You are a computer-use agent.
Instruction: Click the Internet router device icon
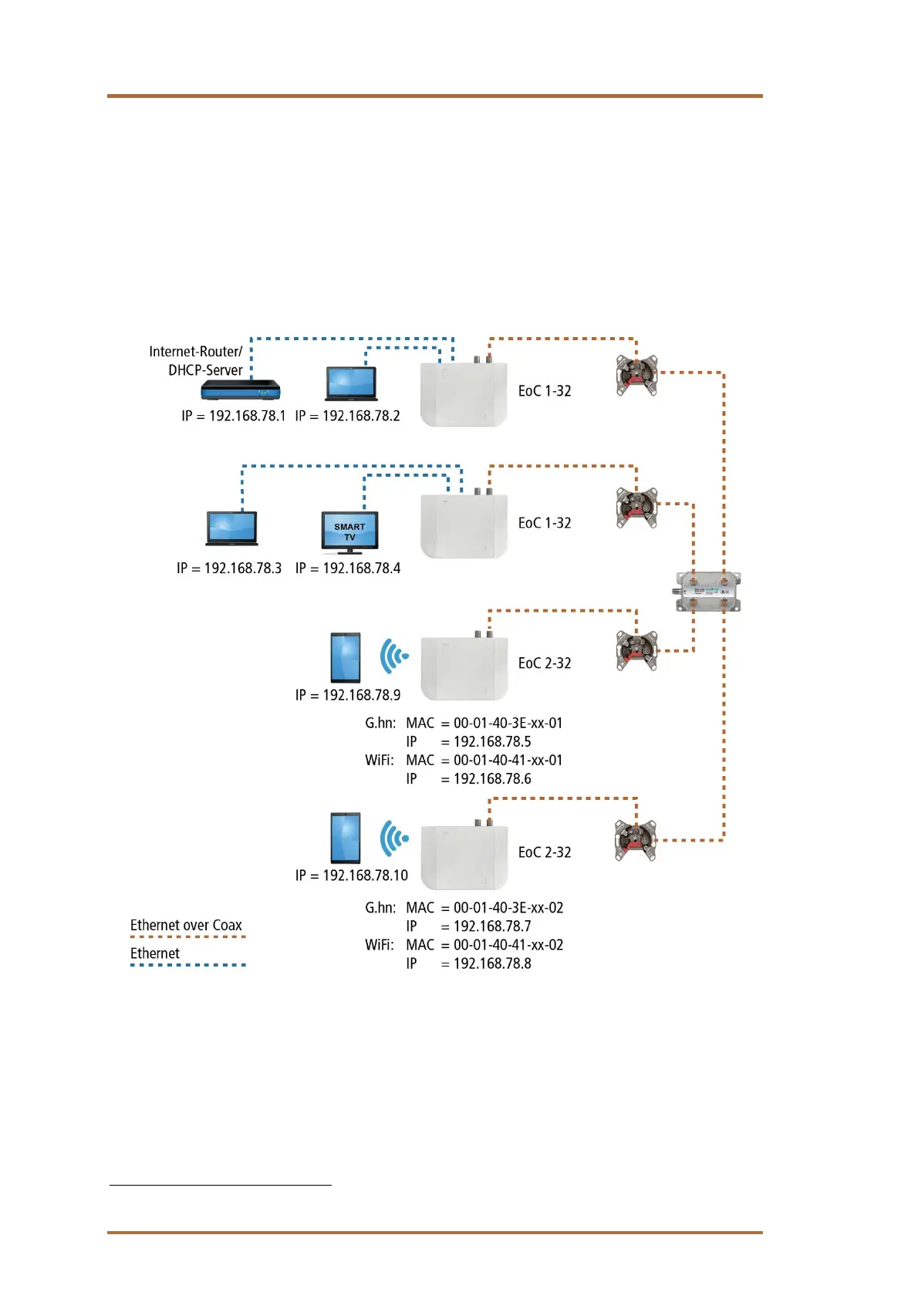(240, 390)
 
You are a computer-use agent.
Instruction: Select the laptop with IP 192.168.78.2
(351, 383)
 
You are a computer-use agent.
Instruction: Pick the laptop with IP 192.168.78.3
(231, 528)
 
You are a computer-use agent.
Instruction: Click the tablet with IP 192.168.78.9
(345, 657)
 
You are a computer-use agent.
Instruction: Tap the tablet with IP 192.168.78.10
(345, 838)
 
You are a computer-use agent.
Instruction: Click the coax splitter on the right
(708, 592)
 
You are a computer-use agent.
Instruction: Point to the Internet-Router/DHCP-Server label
(197, 360)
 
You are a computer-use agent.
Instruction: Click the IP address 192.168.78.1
(247, 416)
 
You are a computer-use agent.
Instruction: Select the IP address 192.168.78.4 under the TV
(361, 569)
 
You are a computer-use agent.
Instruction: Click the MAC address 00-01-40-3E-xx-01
(508, 724)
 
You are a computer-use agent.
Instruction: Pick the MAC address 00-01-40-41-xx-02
(508, 945)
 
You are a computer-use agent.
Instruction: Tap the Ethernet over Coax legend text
(186, 925)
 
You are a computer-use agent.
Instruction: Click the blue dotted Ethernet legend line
(187, 965)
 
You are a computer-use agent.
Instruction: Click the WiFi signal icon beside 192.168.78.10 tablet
(394, 838)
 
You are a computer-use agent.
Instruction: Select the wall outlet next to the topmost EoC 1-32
(636, 375)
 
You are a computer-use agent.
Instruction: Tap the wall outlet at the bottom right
(635, 840)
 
